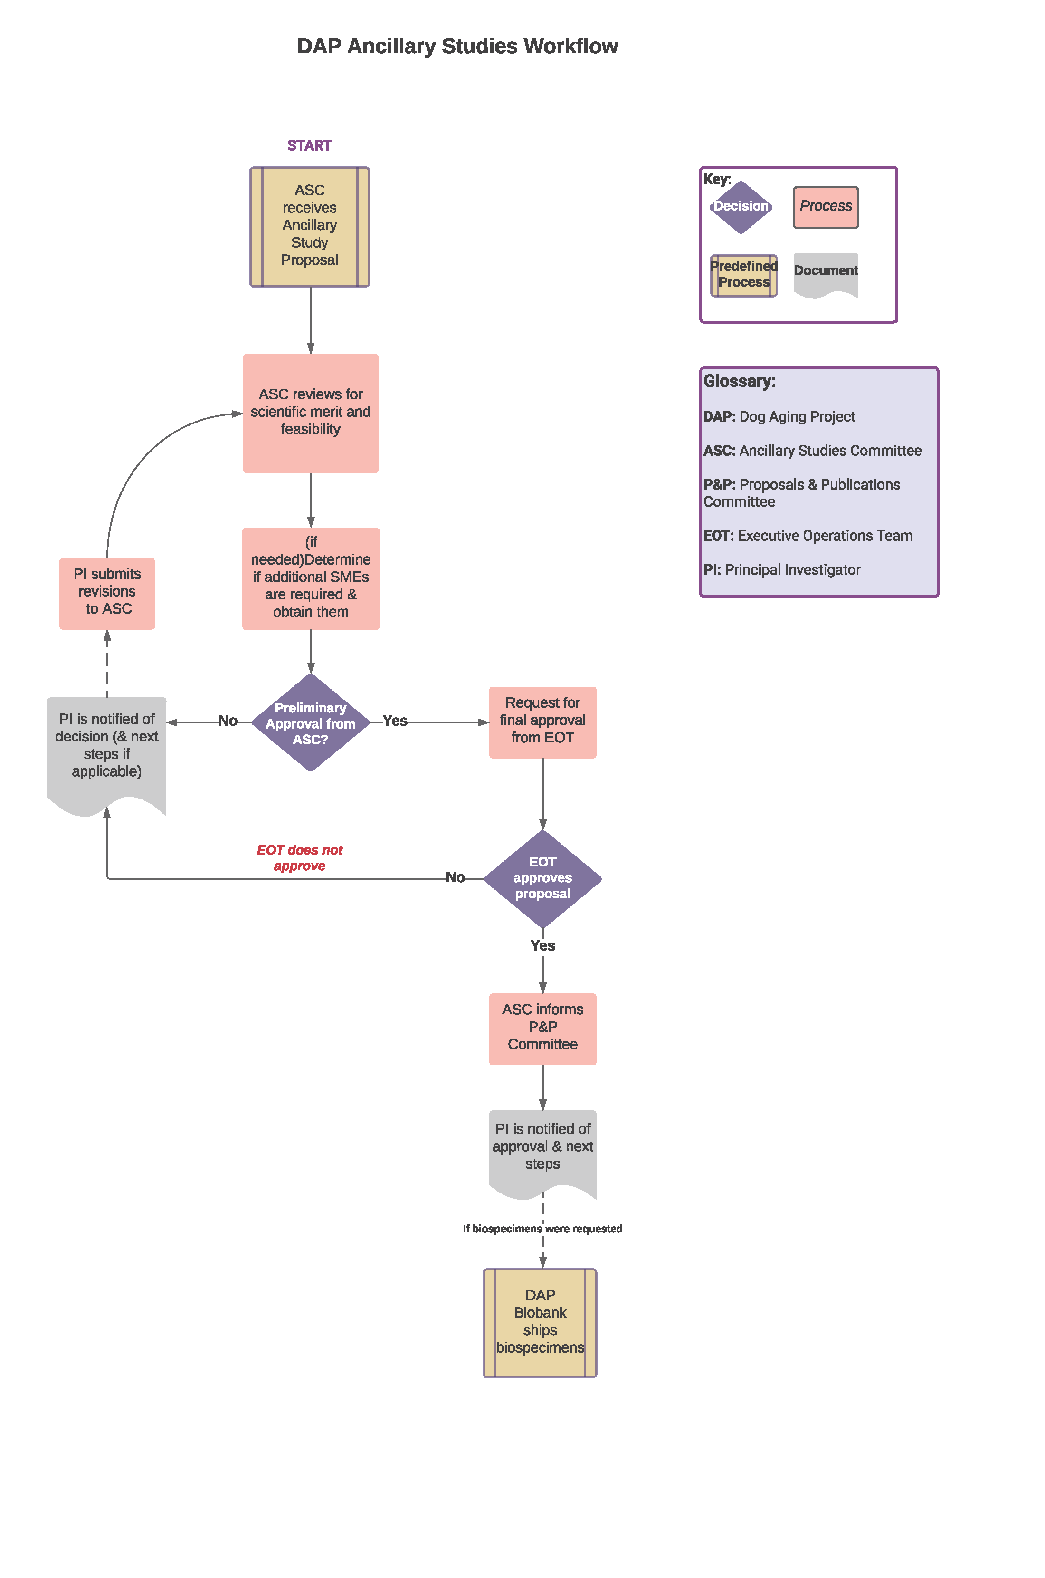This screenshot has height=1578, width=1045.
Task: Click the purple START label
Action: [x=309, y=145]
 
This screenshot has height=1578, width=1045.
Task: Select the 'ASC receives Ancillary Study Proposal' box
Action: [x=309, y=227]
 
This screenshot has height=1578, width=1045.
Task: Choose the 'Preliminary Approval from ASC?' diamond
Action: [x=311, y=722]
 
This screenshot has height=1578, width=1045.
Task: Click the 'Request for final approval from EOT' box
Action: [x=542, y=722]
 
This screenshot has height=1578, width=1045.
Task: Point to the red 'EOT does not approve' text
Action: [x=299, y=857]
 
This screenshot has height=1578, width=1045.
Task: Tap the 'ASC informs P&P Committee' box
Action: [x=542, y=1028]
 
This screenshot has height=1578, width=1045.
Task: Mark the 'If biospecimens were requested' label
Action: [x=542, y=1229]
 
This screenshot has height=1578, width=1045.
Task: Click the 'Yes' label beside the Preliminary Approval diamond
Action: [x=395, y=721]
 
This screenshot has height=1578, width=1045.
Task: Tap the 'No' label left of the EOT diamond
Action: [x=455, y=877]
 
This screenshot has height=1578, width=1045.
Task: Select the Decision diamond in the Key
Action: [x=741, y=207]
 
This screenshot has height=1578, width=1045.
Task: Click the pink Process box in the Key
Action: [x=825, y=207]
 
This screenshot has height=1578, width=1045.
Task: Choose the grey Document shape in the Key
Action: [x=825, y=272]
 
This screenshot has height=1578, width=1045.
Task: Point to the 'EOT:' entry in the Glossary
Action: [x=718, y=536]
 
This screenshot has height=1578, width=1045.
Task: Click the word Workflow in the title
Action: [x=570, y=46]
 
